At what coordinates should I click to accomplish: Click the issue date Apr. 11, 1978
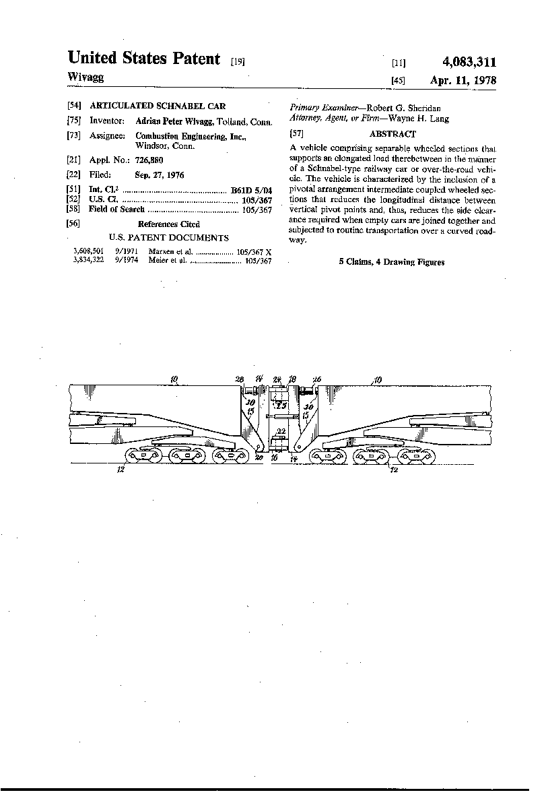point(463,80)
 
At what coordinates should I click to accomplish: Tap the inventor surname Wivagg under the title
point(85,77)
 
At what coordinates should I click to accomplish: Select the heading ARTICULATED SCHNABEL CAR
point(158,106)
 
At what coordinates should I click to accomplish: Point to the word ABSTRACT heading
point(392,134)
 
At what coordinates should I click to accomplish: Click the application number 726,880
point(148,160)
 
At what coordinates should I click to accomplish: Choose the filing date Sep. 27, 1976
point(160,175)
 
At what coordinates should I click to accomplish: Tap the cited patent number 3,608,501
point(88,251)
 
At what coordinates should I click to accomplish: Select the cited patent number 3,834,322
point(88,260)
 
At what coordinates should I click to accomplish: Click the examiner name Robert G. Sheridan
point(403,108)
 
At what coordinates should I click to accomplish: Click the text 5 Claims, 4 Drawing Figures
point(391,262)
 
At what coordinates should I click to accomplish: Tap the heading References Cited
point(168,224)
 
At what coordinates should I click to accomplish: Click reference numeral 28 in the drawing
point(239,380)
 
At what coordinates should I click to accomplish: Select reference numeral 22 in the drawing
point(281,431)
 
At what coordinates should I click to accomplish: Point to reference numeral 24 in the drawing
point(277,380)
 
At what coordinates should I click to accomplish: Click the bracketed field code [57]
point(294,134)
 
